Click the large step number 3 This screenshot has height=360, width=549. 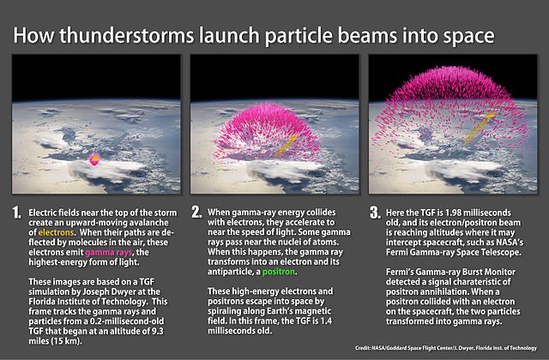375,211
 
